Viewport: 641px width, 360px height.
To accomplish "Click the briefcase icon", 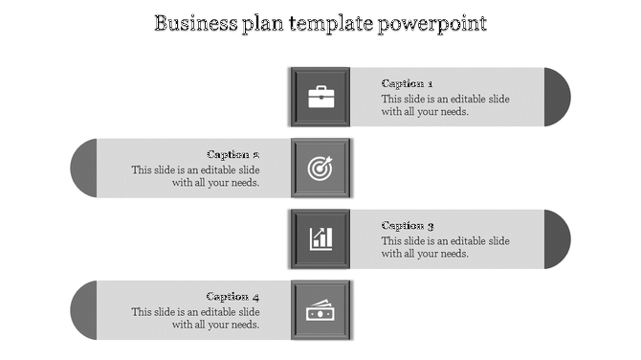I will pyautogui.click(x=320, y=96).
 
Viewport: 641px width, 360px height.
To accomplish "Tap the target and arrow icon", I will pyautogui.click(x=320, y=168).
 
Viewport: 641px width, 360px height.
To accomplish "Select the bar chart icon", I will pyautogui.click(x=320, y=238).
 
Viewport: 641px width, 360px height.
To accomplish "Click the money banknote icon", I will pyautogui.click(x=320, y=310).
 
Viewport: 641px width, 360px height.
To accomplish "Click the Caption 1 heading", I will pyautogui.click(x=408, y=83).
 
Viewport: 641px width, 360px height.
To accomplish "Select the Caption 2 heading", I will pyautogui.click(x=233, y=154).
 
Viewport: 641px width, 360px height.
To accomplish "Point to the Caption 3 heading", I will pyautogui.click(x=408, y=226).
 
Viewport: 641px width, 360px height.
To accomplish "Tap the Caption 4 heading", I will pyautogui.click(x=233, y=297).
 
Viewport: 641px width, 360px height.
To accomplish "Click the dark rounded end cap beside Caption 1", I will pyautogui.click(x=557, y=96).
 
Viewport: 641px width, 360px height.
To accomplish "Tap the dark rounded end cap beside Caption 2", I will pyautogui.click(x=84, y=168).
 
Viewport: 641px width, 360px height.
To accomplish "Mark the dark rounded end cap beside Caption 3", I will pyautogui.click(x=557, y=238).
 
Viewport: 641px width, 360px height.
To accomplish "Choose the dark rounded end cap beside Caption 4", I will pyautogui.click(x=84, y=310).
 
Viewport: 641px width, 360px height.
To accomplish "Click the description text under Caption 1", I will pyautogui.click(x=445, y=104).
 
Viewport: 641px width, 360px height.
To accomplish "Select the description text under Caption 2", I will pyautogui.click(x=196, y=176).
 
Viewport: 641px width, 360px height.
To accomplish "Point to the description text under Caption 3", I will pyautogui.click(x=445, y=247).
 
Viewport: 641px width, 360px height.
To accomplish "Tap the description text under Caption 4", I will pyautogui.click(x=196, y=318).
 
